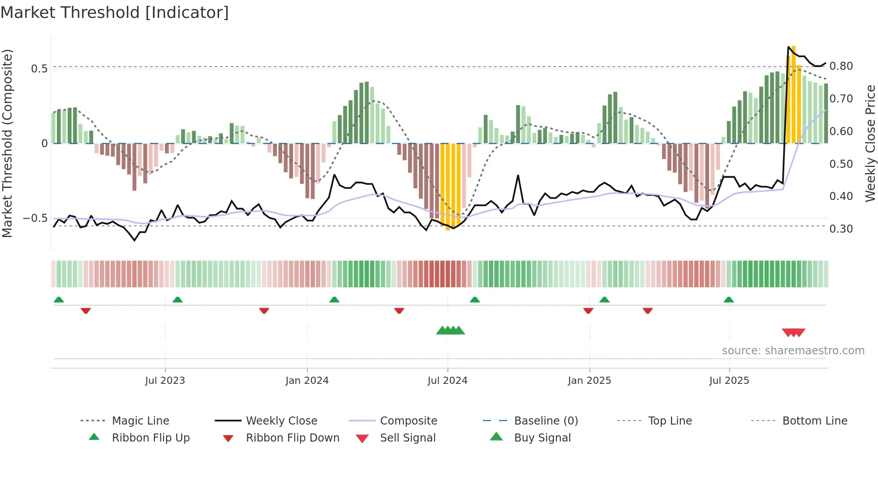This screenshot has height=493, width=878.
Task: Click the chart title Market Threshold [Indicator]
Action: pyautogui.click(x=115, y=13)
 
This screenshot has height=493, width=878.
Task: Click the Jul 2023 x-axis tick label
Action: pyautogui.click(x=165, y=381)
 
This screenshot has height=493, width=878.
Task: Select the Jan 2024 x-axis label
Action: pyautogui.click(x=307, y=381)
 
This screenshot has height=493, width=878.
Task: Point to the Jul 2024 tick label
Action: pyautogui.click(x=447, y=381)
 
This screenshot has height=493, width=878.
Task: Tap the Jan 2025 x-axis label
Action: pyautogui.click(x=589, y=381)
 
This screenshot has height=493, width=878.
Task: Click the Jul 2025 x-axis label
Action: pyautogui.click(x=729, y=381)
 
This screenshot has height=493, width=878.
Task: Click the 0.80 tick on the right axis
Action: pyautogui.click(x=841, y=66)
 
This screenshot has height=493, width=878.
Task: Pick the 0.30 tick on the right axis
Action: pyautogui.click(x=841, y=229)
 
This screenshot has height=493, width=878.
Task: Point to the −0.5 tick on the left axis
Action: pyautogui.click(x=35, y=218)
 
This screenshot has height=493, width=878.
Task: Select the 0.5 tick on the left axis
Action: pyautogui.click(x=39, y=69)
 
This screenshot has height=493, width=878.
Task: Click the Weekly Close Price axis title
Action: pyautogui.click(x=870, y=143)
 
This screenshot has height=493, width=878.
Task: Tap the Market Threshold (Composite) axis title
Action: pyautogui.click(x=7, y=143)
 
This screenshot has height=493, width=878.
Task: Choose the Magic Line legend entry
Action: pyautogui.click(x=140, y=421)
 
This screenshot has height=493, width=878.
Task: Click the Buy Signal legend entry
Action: pyautogui.click(x=542, y=438)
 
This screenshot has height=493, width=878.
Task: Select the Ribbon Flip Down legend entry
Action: pyautogui.click(x=292, y=438)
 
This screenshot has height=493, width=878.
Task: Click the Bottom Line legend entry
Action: pyautogui.click(x=814, y=421)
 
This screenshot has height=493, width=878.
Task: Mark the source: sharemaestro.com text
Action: pyautogui.click(x=793, y=351)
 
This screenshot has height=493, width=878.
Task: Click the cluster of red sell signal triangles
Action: pyautogui.click(x=793, y=332)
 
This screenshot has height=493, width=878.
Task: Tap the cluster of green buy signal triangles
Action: pyautogui.click(x=450, y=331)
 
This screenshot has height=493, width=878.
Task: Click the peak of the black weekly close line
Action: pyautogui.click(x=788, y=47)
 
